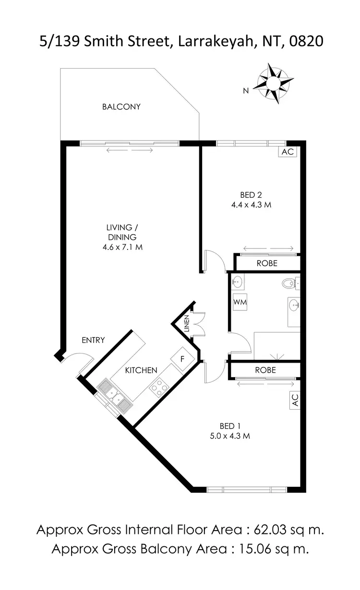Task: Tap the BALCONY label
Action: tap(121, 106)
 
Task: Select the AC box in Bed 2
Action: tap(288, 152)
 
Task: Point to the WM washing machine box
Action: tap(240, 302)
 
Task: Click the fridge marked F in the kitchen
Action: tap(182, 358)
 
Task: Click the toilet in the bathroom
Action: tap(288, 284)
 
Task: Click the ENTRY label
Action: tap(93, 340)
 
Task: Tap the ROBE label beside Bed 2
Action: tap(267, 263)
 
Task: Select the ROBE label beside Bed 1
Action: tap(265, 370)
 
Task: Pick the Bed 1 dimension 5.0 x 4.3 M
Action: tap(230, 436)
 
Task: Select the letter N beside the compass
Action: tap(245, 90)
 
